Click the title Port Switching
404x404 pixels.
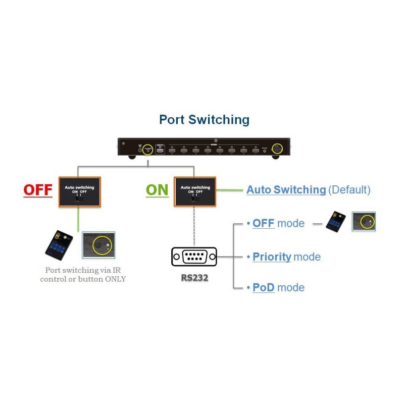click(x=204, y=120)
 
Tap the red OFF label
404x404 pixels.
click(x=38, y=190)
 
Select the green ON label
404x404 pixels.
click(x=157, y=190)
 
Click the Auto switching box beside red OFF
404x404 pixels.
click(x=80, y=191)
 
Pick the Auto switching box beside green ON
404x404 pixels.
click(x=195, y=191)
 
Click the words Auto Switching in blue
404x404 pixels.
click(x=286, y=190)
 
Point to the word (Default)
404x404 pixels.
click(x=349, y=190)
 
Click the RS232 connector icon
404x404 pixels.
click(x=194, y=257)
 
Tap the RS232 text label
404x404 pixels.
click(x=194, y=277)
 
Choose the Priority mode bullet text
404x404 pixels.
click(x=286, y=257)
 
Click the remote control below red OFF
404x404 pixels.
click(x=59, y=245)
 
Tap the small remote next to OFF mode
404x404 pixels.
click(x=336, y=222)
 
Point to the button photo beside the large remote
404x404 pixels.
click(x=98, y=245)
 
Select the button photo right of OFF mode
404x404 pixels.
click(x=364, y=222)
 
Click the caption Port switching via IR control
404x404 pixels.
click(x=83, y=274)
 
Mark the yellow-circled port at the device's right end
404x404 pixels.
click(x=277, y=149)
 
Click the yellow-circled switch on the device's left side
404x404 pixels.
click(x=147, y=150)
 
